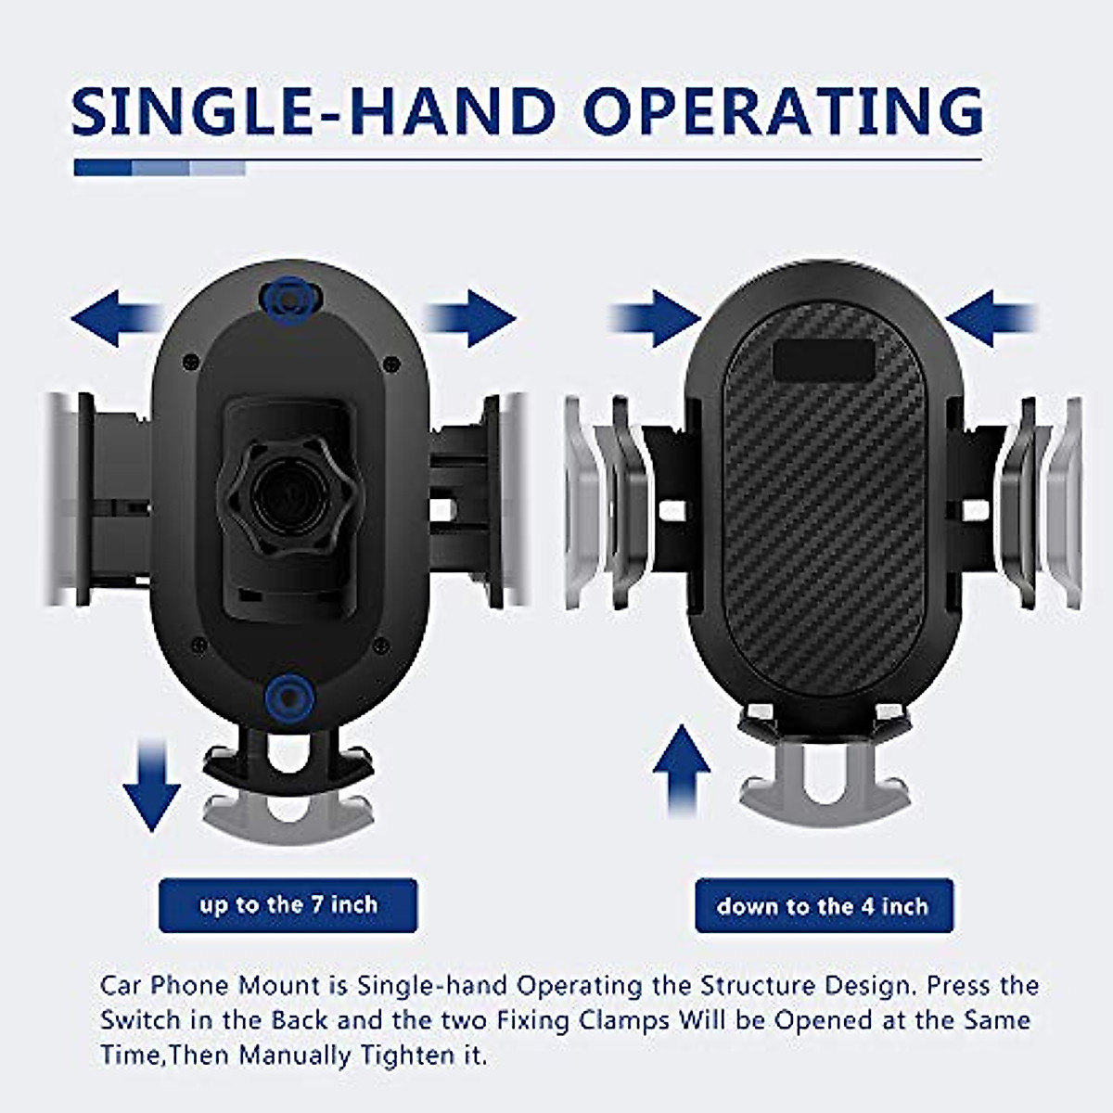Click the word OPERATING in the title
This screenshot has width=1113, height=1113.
click(784, 111)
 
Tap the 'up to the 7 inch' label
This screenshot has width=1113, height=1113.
click(288, 905)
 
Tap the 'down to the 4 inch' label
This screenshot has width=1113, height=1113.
click(823, 906)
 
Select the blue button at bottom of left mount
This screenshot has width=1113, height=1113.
click(288, 697)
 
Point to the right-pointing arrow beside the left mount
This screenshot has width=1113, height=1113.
click(473, 318)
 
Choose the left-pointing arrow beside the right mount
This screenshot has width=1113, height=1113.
click(989, 318)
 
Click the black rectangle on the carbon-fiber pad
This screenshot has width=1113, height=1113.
click(825, 359)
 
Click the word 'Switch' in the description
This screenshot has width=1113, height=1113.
click(140, 1020)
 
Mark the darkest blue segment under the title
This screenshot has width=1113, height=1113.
click(102, 168)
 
